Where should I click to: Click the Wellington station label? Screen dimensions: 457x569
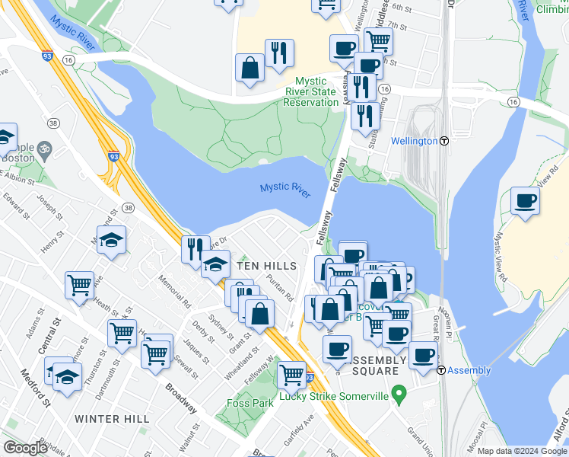coord(414,141)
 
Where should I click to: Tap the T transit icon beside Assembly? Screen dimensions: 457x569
coord(442,370)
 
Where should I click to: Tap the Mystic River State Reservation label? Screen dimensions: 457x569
coord(310,91)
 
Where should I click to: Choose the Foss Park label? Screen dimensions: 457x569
coord(250,404)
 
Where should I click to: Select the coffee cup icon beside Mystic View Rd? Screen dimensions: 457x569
coord(525,202)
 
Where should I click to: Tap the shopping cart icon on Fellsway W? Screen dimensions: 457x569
coord(291,374)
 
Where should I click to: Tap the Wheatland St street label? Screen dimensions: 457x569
coord(238,364)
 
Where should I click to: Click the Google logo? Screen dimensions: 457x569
coord(25,448)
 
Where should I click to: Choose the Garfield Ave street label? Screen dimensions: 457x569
coord(297,427)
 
